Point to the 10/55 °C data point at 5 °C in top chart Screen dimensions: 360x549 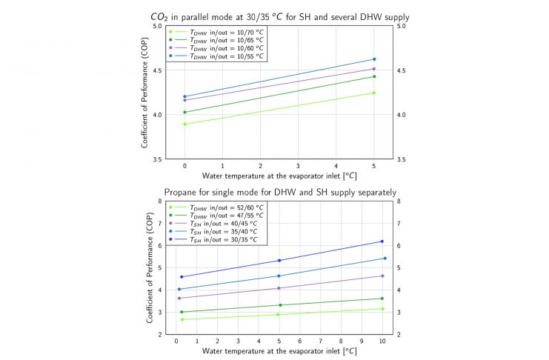(374, 59)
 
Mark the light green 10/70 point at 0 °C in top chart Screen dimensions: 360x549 (184, 124)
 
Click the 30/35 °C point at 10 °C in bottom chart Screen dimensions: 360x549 (382, 241)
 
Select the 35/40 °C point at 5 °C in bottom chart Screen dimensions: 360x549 (279, 276)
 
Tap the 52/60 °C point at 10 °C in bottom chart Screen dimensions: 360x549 (382, 309)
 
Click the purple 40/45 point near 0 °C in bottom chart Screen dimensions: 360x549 (179, 298)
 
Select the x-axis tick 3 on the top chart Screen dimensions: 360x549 (298, 167)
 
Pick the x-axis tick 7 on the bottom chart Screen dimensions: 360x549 (321, 341)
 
